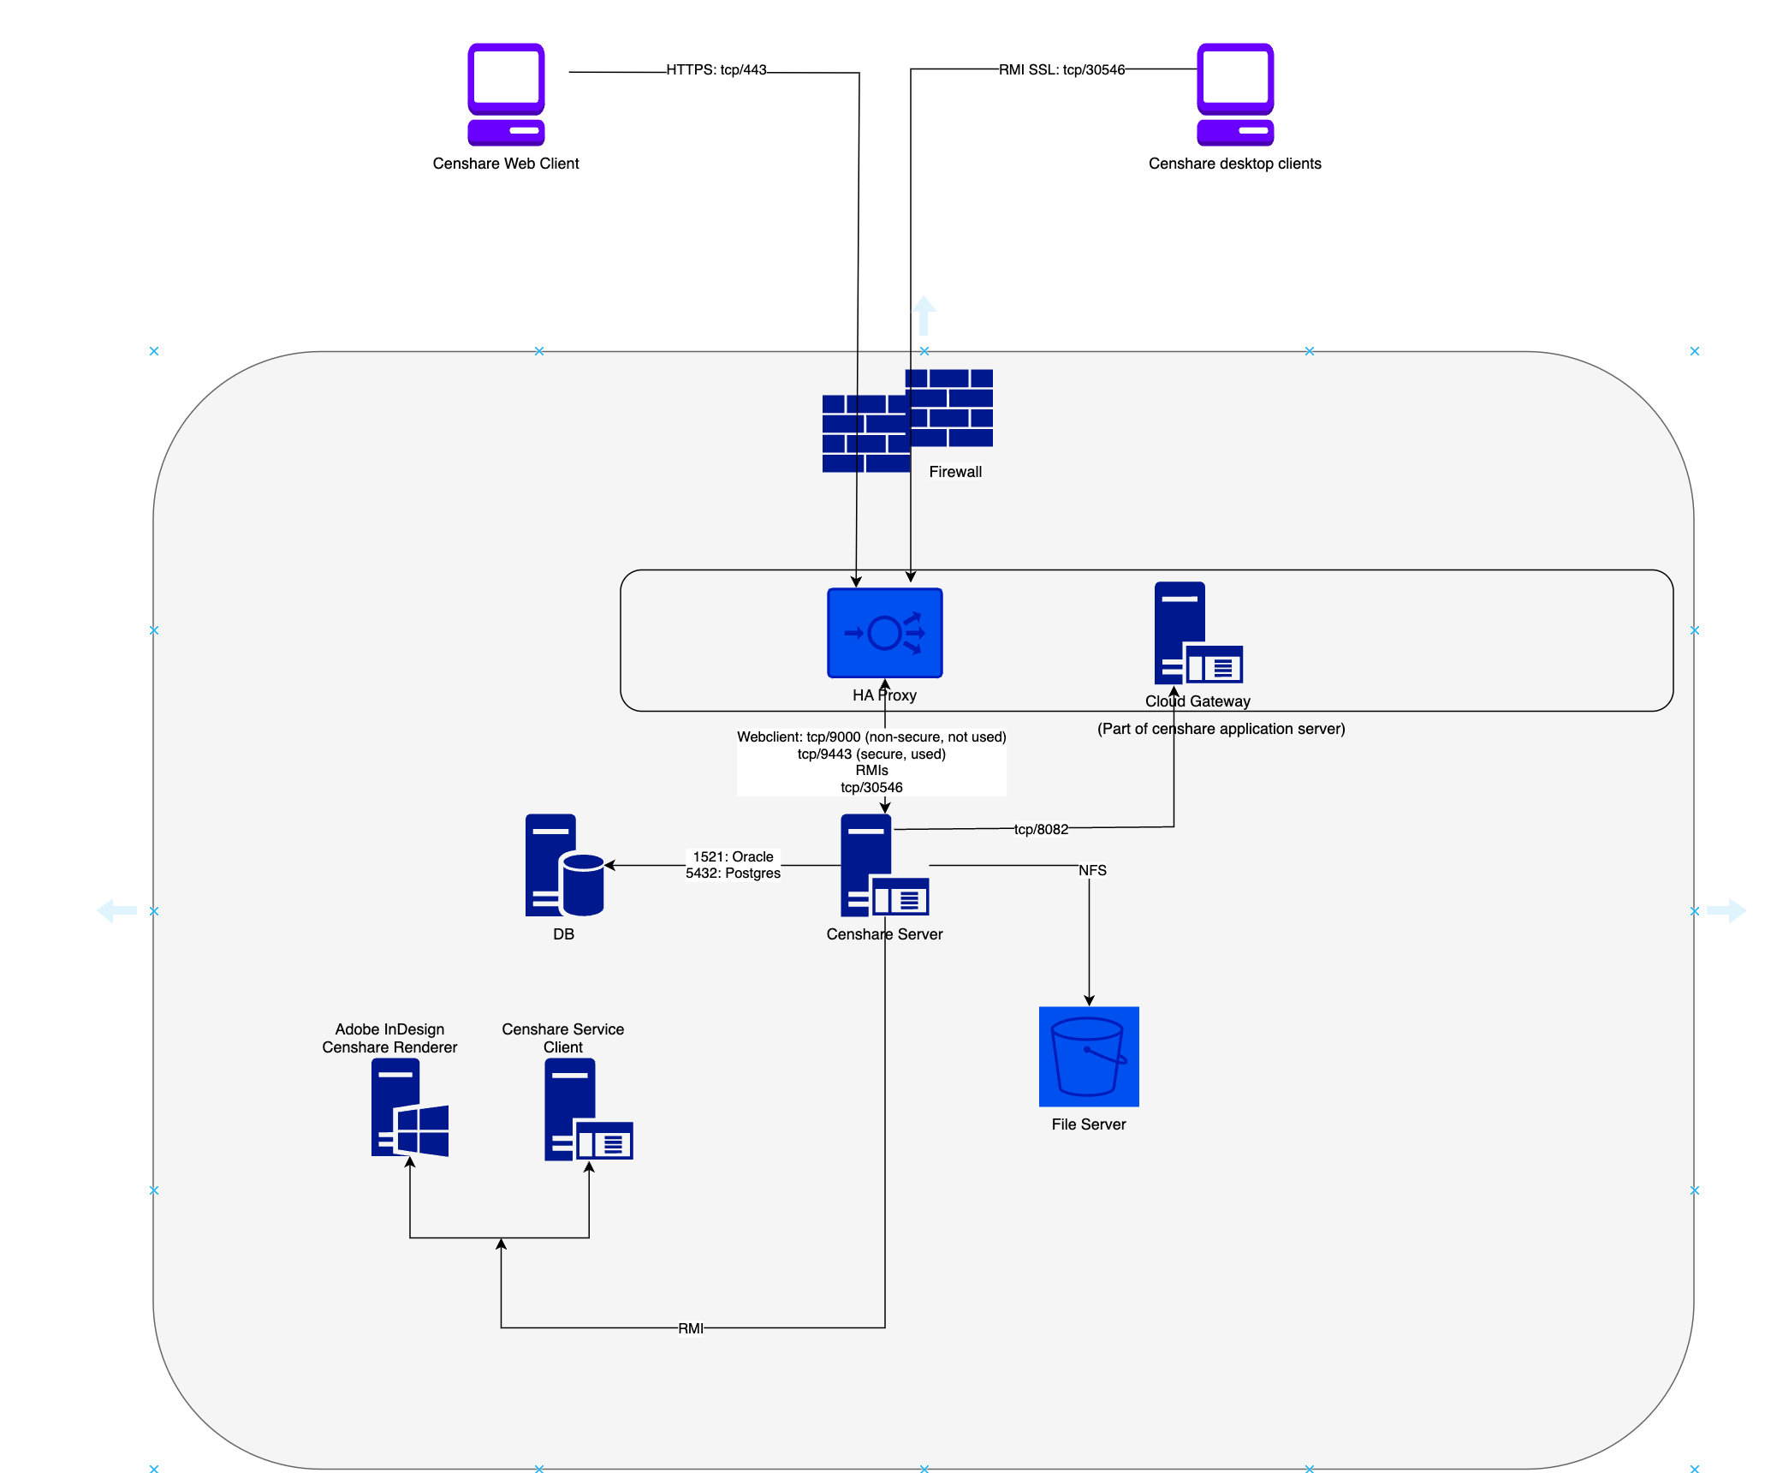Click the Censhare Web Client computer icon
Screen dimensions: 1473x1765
tap(506, 94)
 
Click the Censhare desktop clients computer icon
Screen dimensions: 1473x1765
tap(1234, 94)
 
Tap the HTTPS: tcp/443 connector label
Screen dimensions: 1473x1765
tap(716, 70)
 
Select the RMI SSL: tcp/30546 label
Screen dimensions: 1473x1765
tap(1061, 70)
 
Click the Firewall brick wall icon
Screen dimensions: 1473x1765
tap(907, 420)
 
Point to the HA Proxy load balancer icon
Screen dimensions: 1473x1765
tap(884, 633)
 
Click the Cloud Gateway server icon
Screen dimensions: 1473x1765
tap(1197, 633)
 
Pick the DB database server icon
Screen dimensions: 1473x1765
tap(564, 865)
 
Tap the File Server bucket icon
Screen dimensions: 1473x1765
tap(1089, 1056)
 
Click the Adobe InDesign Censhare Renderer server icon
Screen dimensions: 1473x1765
tap(409, 1107)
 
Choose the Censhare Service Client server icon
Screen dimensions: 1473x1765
tap(588, 1110)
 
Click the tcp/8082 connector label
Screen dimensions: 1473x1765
tap(1041, 829)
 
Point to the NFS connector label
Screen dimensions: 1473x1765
tap(1092, 870)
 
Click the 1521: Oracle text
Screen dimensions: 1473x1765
tap(733, 856)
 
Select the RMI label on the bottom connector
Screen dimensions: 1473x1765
tap(691, 1328)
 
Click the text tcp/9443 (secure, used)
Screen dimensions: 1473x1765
tap(871, 754)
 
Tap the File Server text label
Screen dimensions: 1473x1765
tap(1089, 1124)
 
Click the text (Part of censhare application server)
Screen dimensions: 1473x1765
tap(1221, 729)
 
